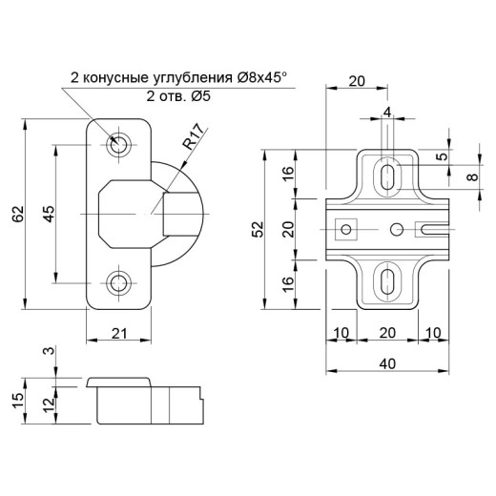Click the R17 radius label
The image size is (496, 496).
pyautogui.click(x=194, y=137)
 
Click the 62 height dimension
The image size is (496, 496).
pyautogui.click(x=18, y=214)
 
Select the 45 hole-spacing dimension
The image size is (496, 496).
pyautogui.click(x=49, y=214)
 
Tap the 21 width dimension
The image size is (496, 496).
pyautogui.click(x=119, y=334)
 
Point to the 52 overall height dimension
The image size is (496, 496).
pyautogui.click(x=259, y=229)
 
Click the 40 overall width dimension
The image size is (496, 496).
pyautogui.click(x=387, y=363)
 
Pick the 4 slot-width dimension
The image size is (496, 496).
pyautogui.click(x=387, y=113)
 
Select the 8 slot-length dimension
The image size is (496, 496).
pyautogui.click(x=473, y=176)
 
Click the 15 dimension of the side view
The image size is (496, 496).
pyautogui.click(x=18, y=401)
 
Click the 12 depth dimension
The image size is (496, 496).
pyautogui.click(x=50, y=404)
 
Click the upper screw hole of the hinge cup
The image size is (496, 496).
pyautogui.click(x=119, y=145)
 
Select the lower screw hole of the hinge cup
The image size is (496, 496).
pyautogui.click(x=119, y=282)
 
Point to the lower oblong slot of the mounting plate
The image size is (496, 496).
pyautogui.click(x=387, y=281)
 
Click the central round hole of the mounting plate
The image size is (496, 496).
pyautogui.click(x=397, y=229)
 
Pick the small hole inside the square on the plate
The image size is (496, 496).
pyautogui.click(x=346, y=229)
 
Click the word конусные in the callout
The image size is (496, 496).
pyautogui.click(x=115, y=78)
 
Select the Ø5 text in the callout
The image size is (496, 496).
pyautogui.click(x=200, y=96)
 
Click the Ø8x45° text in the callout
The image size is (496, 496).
pyautogui.click(x=261, y=77)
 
